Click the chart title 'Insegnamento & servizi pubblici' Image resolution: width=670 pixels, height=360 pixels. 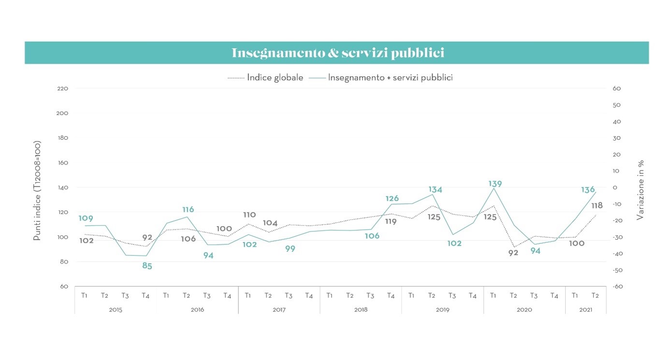click(337, 53)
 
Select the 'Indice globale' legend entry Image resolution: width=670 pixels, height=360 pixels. click(275, 77)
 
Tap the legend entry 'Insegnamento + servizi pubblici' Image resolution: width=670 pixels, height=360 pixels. click(390, 77)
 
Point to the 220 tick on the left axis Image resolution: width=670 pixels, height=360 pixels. click(63, 88)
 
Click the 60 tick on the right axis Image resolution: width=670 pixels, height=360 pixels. click(616, 88)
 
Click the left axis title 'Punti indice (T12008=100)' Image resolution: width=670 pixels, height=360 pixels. click(37, 191)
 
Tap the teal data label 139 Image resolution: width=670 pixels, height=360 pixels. click(495, 184)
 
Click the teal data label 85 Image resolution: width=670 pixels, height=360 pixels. click(147, 266)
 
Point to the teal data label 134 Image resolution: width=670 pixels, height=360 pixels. click(435, 190)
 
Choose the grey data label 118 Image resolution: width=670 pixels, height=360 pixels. click(597, 206)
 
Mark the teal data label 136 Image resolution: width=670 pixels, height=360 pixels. click(587, 190)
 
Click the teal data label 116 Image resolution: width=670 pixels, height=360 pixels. click(188, 210)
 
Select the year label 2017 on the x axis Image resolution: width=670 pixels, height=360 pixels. click(279, 309)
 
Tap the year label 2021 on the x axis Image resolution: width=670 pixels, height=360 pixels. click(585, 309)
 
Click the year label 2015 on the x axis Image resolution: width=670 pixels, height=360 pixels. click(116, 309)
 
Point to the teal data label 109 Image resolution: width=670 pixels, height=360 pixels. click(86, 218)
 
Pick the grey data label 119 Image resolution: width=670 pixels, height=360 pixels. click(391, 222)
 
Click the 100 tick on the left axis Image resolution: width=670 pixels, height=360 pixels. click(63, 237)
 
